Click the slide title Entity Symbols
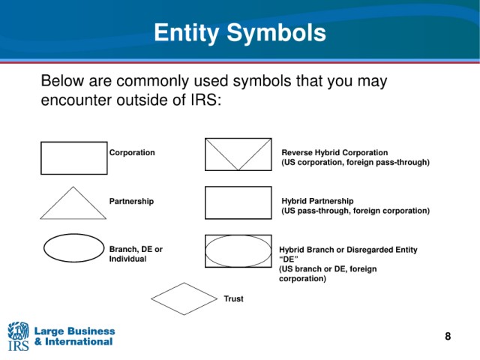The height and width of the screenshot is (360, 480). point(240,33)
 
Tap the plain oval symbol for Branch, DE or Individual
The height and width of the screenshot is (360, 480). point(43,248)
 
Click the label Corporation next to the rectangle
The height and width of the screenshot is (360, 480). point(132,152)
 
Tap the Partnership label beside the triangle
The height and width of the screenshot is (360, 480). point(131,201)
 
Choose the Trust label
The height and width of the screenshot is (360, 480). point(233,298)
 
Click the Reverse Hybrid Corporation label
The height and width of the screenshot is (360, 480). point(334,152)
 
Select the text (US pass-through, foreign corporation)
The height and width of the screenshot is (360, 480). point(355,211)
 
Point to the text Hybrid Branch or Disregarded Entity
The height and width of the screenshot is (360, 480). point(348,250)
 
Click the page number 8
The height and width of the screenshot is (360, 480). point(448,336)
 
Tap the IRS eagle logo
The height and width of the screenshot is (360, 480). point(18,336)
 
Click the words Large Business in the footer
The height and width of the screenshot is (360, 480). point(75,331)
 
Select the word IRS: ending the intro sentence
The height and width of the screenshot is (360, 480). point(206,100)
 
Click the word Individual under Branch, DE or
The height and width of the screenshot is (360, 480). point(127,259)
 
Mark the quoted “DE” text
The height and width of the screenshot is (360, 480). point(288,259)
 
